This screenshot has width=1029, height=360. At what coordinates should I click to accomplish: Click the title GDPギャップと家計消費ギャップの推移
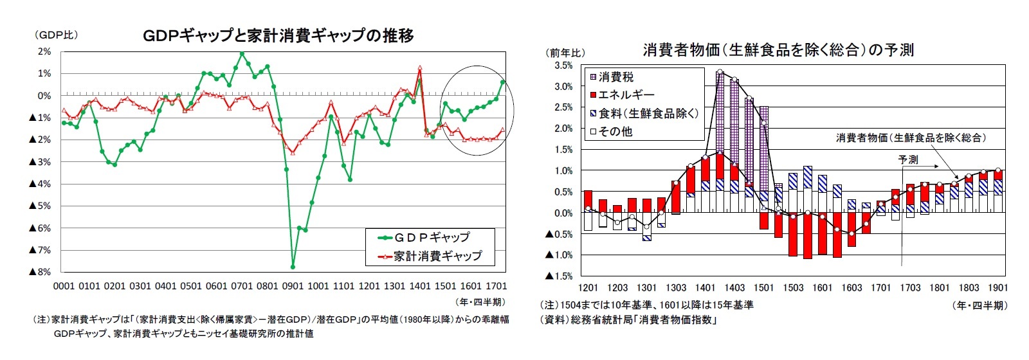(278, 35)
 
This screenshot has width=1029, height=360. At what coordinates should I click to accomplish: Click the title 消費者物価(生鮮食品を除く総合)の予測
(778, 50)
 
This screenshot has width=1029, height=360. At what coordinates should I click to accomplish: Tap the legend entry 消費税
(615, 77)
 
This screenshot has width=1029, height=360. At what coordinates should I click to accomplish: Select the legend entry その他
(615, 131)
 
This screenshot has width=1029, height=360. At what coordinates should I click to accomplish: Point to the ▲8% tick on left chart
(40, 272)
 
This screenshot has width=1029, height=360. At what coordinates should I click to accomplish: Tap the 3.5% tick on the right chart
(561, 66)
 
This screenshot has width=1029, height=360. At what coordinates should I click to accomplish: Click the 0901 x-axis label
(293, 286)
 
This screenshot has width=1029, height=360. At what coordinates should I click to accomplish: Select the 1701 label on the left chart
(495, 286)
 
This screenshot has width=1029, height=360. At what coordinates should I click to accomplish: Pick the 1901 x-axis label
(997, 287)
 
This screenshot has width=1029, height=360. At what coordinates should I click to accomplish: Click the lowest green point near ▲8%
(293, 266)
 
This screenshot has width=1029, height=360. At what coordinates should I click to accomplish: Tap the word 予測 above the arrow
(908, 159)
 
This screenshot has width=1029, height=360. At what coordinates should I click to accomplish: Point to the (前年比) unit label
(565, 52)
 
